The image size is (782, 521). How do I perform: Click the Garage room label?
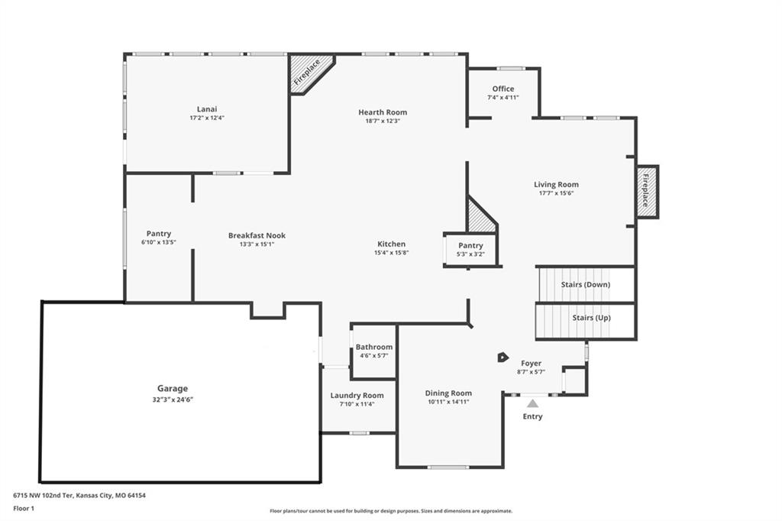pos(173,388)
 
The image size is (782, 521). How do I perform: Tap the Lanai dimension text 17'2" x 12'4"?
pos(207,118)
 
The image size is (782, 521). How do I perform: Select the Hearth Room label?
pos(383,112)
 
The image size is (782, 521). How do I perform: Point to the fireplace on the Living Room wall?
pos(647,192)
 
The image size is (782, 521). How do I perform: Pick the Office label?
pos(503,89)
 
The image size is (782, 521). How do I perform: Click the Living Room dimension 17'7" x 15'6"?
pos(556,193)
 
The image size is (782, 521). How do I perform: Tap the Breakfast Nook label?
pos(257,235)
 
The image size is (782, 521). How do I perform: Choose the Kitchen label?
pos(392,244)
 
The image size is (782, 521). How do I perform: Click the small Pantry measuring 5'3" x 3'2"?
pos(470,249)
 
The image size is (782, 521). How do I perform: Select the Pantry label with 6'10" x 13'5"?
pos(159,234)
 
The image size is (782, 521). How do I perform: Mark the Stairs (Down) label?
pos(586,284)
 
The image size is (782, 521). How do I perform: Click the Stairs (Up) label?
pos(592,318)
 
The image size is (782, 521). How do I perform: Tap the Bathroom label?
pos(374,347)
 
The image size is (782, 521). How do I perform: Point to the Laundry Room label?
pos(357,396)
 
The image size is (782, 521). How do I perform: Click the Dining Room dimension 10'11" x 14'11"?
pos(448,403)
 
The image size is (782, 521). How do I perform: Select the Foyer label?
pos(532,364)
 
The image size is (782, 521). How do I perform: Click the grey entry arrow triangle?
pos(532,403)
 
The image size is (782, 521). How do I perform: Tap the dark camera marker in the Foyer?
pos(502,358)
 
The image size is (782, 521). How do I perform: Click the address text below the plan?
pos(79,496)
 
